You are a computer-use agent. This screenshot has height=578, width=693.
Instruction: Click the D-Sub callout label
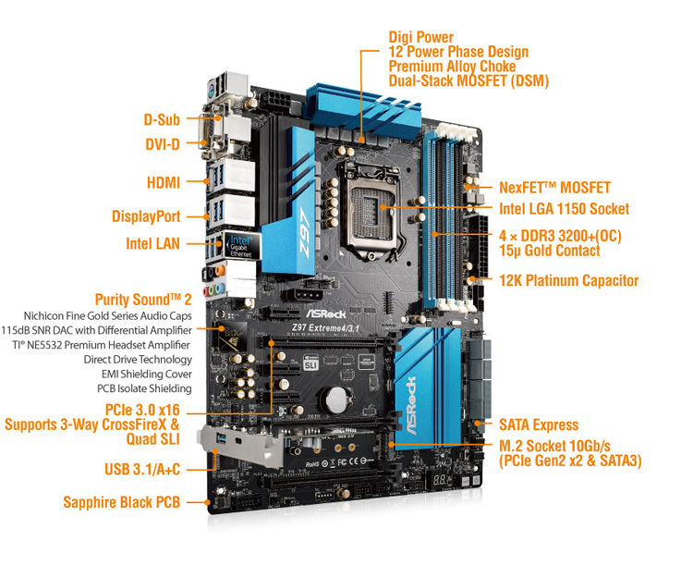[162, 120]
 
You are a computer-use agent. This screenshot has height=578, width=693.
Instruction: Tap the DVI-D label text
[163, 144]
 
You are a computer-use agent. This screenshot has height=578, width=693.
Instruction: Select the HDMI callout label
[164, 182]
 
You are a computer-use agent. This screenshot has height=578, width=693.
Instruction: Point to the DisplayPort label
[146, 216]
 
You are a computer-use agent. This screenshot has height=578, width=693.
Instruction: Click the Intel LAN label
[152, 243]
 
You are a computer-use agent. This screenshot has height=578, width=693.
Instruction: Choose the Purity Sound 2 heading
[143, 300]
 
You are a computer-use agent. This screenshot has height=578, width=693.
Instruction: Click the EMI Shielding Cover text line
[147, 375]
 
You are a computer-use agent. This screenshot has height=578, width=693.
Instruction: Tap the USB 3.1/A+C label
[142, 469]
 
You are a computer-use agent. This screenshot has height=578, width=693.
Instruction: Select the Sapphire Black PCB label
[122, 502]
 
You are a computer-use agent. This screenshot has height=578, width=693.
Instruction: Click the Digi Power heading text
[421, 37]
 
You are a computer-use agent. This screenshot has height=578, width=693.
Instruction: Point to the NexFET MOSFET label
[554, 188]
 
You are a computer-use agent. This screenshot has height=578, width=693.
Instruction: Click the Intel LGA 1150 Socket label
[564, 209]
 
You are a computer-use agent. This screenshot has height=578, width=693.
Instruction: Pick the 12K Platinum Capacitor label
[569, 280]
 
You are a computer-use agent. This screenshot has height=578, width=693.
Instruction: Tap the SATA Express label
[539, 425]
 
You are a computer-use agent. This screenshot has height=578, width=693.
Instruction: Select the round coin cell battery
[337, 399]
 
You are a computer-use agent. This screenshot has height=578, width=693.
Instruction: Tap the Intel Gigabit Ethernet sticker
[241, 244]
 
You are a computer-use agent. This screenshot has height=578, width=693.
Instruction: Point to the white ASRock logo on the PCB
[326, 314]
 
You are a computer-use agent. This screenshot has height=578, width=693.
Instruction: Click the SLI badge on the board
[311, 363]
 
